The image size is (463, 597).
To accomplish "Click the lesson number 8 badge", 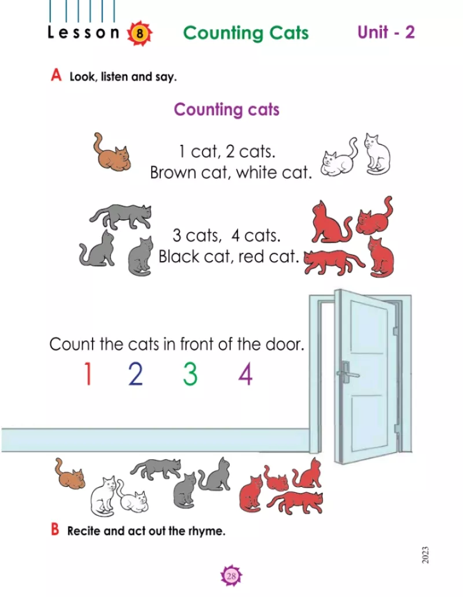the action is [139, 34].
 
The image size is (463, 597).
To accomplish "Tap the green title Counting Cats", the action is [246, 33].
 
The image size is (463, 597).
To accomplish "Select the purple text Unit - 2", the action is [386, 32].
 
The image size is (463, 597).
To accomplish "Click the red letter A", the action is [56, 75].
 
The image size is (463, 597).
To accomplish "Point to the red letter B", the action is [55, 529].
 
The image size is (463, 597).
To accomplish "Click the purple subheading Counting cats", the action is [226, 109].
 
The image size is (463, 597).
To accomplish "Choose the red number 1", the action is [88, 373].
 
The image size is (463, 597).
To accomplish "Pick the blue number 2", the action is [136, 373].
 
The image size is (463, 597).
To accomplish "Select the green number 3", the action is [190, 373].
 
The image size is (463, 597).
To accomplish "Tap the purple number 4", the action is [245, 373].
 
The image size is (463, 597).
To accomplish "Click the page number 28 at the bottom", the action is [231, 576].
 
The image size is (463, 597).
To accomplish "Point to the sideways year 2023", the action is [425, 555].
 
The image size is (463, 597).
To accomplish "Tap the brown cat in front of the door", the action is [69, 473].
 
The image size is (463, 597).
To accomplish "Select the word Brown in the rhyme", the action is [173, 173].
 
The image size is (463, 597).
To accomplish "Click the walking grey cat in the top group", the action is [120, 216].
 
